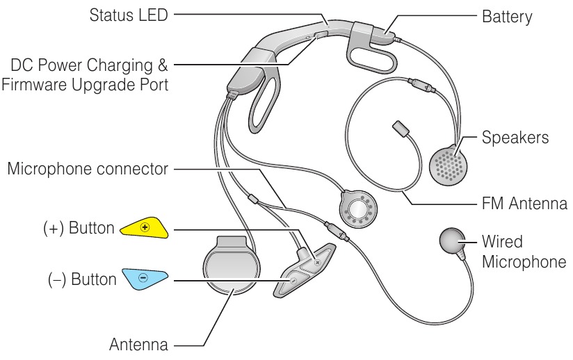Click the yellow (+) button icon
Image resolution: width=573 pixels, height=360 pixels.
coord(144,228)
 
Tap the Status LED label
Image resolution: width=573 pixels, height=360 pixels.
coord(129,15)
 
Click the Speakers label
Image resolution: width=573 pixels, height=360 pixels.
coord(515,137)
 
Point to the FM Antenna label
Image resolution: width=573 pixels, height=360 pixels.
coord(524,204)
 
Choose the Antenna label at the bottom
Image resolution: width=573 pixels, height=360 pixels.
coord(139,344)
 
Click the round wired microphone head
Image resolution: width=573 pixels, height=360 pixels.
coord(455,243)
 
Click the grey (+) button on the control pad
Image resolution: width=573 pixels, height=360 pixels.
coord(316,263)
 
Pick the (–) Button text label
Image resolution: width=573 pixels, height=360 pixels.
coord(82,279)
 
